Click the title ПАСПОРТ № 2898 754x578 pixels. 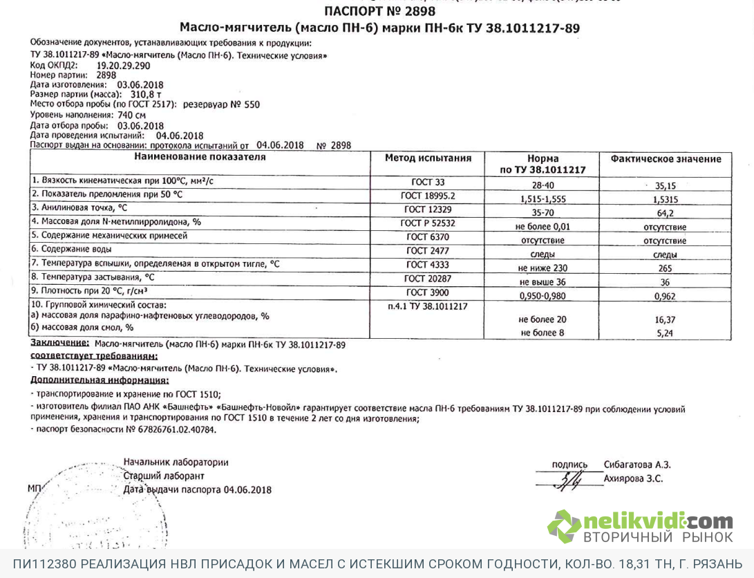(380, 11)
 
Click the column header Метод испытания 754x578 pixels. (428, 158)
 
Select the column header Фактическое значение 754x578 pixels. (665, 159)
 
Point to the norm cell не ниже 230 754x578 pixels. (542, 268)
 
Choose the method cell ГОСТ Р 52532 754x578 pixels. (428, 223)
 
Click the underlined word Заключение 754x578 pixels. (59, 344)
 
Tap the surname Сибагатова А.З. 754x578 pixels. (637, 465)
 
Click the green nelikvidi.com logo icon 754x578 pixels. (565, 527)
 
